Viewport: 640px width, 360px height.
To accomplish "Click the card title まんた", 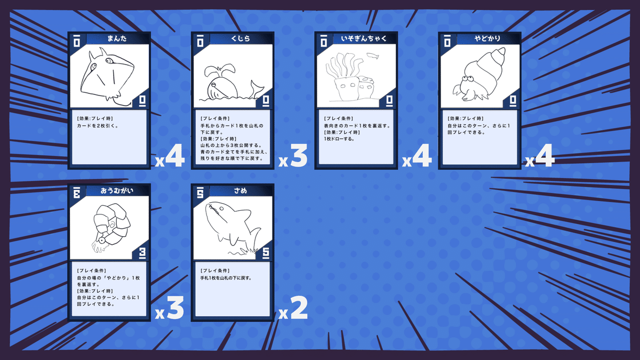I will coord(116,38).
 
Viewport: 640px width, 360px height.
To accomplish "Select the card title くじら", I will coord(241,38).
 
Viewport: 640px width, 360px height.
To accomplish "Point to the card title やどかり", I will coord(486,38).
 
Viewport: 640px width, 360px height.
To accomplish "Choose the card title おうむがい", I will coord(116,190).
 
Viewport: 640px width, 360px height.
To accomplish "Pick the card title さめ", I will coord(241,190).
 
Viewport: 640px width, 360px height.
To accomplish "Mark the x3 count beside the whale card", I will coord(293,157).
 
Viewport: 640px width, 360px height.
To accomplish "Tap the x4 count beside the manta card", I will coord(170,157).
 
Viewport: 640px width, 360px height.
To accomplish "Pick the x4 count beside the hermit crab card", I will coord(540,157).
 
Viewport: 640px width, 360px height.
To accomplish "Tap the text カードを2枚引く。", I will coord(98,126).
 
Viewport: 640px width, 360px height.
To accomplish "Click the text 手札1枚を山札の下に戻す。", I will coord(226,278).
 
